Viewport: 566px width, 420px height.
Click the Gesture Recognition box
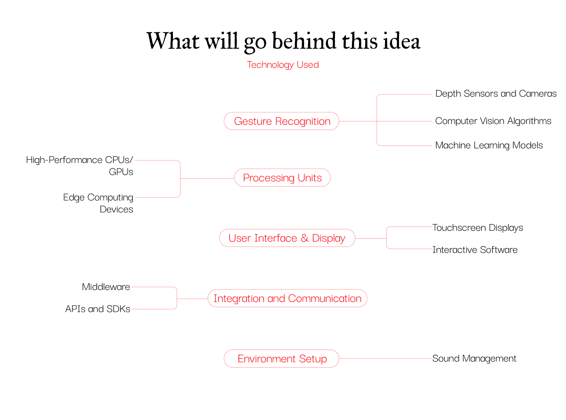(x=282, y=121)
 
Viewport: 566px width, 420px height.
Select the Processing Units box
(x=282, y=178)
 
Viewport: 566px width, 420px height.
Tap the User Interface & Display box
(x=287, y=238)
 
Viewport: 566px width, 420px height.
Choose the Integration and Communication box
(x=287, y=298)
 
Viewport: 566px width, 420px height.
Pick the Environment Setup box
(x=282, y=359)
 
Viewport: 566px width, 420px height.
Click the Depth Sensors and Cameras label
(x=496, y=94)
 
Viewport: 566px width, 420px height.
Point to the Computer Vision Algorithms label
(x=493, y=121)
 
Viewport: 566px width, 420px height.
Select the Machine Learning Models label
(x=489, y=145)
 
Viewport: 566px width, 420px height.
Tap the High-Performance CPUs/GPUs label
(x=80, y=166)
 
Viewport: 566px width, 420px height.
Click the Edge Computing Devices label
(x=98, y=203)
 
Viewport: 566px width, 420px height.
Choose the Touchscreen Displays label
(x=478, y=228)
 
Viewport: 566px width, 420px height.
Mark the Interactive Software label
(x=475, y=250)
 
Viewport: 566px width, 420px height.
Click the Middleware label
(x=106, y=287)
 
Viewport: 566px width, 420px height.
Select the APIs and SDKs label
(x=98, y=309)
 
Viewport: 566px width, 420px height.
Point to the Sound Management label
(x=474, y=359)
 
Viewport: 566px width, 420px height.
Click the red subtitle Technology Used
(x=283, y=65)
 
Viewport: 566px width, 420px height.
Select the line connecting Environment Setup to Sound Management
(x=386, y=359)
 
